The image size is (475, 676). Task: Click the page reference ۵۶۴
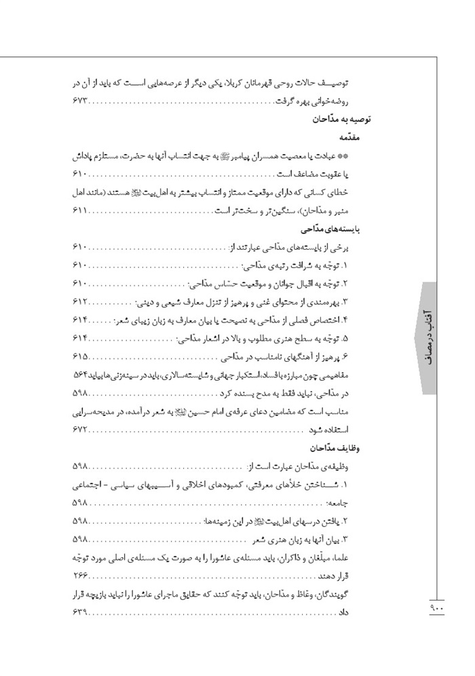coord(79,375)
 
